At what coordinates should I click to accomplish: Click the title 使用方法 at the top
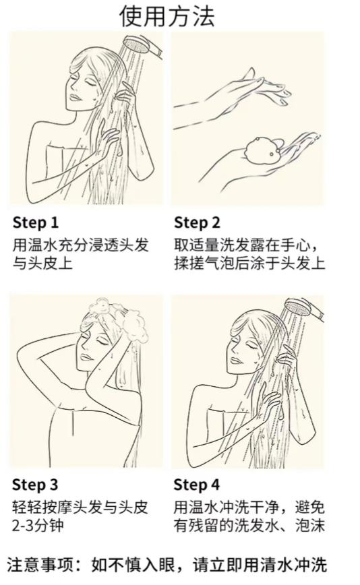[x=167, y=16]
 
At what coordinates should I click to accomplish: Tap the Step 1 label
[x=36, y=222]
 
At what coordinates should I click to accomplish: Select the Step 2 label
[x=197, y=222]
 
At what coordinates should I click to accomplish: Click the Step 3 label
[x=35, y=485]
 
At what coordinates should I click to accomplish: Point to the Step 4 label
[x=197, y=485]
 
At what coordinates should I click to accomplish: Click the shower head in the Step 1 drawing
[x=144, y=47]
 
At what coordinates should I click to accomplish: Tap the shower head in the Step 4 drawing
[x=304, y=308]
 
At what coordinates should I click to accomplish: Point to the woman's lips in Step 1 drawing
[x=75, y=97]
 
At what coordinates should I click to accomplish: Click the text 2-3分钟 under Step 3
[x=38, y=526]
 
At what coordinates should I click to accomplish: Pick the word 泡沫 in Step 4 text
[x=309, y=526]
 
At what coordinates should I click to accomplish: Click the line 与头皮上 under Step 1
[x=42, y=264]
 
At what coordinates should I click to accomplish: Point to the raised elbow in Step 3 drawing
[x=20, y=357]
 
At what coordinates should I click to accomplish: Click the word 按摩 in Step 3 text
[x=57, y=507]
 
